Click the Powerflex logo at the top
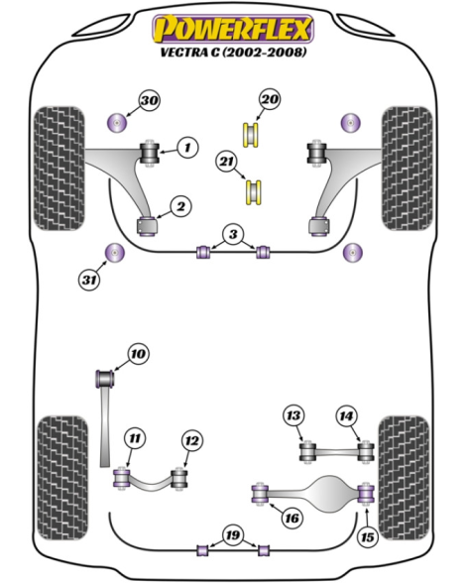pyautogui.click(x=233, y=29)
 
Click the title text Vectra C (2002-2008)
pyautogui.click(x=234, y=52)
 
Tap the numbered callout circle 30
pyautogui.click(x=150, y=100)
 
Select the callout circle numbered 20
pyautogui.click(x=270, y=99)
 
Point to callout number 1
pyautogui.click(x=187, y=148)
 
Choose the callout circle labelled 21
pyautogui.click(x=227, y=162)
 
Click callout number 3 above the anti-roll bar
pyautogui.click(x=233, y=235)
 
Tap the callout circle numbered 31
pyautogui.click(x=89, y=280)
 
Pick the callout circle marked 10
pyautogui.click(x=139, y=354)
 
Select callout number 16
pyautogui.click(x=291, y=518)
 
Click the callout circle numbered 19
pyautogui.click(x=233, y=535)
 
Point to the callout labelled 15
pyautogui.click(x=368, y=537)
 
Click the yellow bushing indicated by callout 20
pyautogui.click(x=251, y=135)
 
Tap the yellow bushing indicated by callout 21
pyautogui.click(x=254, y=191)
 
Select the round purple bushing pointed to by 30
pyautogui.click(x=116, y=122)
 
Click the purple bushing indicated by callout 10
pyautogui.click(x=105, y=378)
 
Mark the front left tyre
pyautogui.click(x=59, y=169)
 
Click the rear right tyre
pyautogui.click(x=404, y=478)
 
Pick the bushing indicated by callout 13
pyautogui.click(x=308, y=451)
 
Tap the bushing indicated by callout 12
pyautogui.click(x=179, y=479)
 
